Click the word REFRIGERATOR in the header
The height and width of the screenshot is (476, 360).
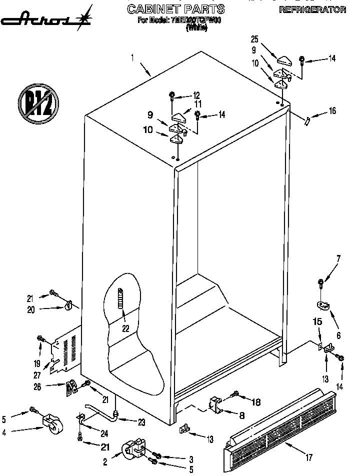[312, 9]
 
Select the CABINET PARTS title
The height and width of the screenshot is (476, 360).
[175, 9]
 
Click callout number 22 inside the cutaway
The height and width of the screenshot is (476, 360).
[125, 328]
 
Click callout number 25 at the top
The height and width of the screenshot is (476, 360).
[254, 38]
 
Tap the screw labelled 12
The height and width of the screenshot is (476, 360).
[172, 95]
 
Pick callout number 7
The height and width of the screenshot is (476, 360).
[338, 258]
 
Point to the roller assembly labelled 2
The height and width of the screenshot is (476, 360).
[132, 448]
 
